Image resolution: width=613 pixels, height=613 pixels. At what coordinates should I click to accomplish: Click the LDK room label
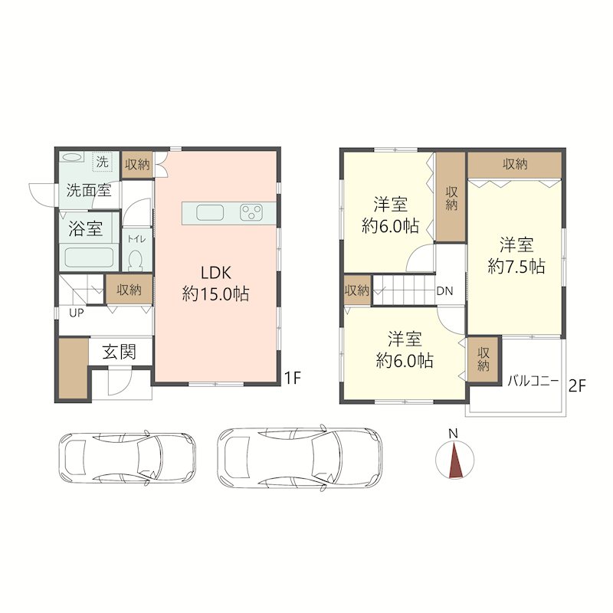point(216,273)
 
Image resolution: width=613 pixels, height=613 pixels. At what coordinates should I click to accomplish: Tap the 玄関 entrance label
point(119,352)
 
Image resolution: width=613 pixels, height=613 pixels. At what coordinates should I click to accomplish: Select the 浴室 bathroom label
point(86,228)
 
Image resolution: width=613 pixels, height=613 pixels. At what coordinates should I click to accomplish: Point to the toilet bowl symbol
point(136,260)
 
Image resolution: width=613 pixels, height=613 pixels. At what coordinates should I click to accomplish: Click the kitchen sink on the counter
point(210,213)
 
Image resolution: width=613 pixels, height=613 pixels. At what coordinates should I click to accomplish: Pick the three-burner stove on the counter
point(251,213)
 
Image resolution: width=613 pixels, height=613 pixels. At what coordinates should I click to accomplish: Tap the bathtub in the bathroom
point(89,257)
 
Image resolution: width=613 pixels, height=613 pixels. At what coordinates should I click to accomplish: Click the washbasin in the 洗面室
point(71,157)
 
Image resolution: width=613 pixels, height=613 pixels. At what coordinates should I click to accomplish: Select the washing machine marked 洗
point(102,162)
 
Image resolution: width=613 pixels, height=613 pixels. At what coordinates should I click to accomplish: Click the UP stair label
point(76,313)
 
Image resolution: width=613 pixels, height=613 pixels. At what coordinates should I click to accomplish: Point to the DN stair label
point(444,291)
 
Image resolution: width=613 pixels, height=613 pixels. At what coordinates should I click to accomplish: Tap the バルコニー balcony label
point(533,380)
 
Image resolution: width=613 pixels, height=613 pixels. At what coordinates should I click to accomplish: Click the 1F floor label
point(292,378)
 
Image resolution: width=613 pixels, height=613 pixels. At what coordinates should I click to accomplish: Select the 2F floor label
point(577,386)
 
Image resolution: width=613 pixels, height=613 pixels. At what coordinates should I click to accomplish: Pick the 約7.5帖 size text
point(516,267)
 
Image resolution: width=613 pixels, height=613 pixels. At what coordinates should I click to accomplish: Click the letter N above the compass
point(453,433)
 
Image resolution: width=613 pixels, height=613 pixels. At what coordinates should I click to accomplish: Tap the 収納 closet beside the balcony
point(484,359)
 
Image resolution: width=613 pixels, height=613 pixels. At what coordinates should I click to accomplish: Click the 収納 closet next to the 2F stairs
point(356,290)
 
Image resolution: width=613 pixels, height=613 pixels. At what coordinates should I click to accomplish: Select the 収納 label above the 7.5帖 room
point(515,164)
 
